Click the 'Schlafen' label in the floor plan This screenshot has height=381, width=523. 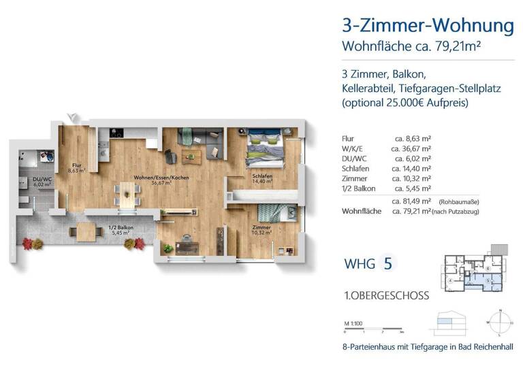coord(262,176)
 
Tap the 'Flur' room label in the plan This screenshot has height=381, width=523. coord(76,165)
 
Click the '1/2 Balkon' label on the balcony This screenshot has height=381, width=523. coord(121,228)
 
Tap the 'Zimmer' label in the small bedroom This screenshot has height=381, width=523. coord(261,228)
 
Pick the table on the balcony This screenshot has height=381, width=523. coord(87,231)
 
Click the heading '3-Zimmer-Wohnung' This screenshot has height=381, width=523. coord(428,27)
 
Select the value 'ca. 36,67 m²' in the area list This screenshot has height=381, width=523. coord(411,147)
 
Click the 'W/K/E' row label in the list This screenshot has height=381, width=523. coord(351,147)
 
